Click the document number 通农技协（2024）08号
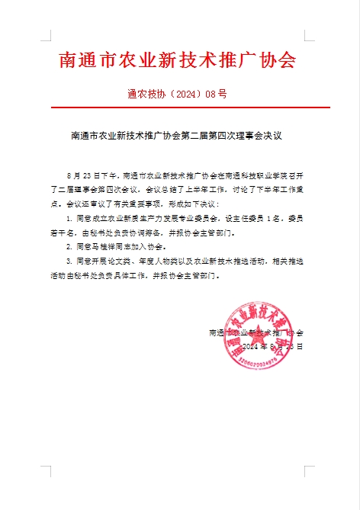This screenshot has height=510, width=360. [x=178, y=95]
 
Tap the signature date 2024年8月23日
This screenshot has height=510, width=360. [x=272, y=346]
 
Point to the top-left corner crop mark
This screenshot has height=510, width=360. [x=47, y=35]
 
